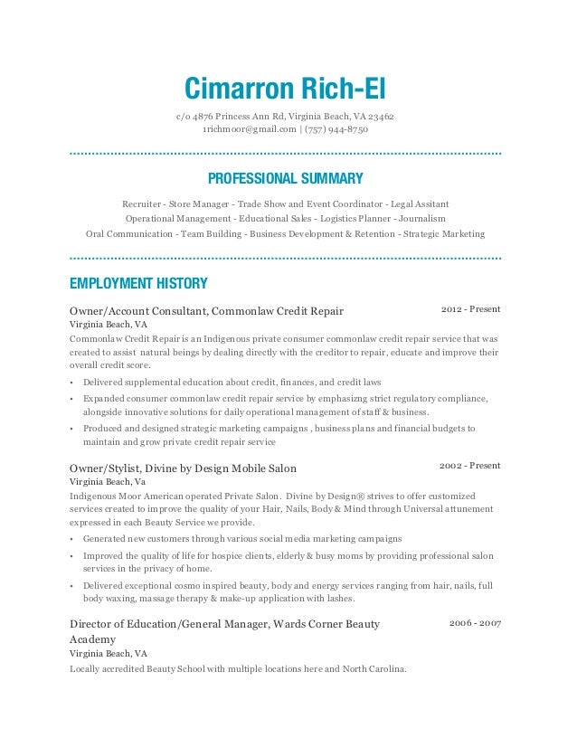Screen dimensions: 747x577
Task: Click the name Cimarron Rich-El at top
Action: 285,89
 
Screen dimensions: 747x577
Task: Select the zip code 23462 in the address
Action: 379,116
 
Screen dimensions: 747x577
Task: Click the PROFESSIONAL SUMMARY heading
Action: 285,178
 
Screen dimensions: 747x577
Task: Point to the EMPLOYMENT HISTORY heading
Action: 138,283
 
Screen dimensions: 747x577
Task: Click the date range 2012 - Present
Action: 470,309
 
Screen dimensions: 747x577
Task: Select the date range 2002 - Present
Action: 469,466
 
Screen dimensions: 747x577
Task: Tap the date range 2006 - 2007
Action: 475,624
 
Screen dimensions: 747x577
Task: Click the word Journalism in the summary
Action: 423,218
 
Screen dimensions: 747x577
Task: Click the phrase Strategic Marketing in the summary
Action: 444,233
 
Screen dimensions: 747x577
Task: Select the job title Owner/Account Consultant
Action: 137,311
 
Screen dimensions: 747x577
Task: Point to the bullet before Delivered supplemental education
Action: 71,383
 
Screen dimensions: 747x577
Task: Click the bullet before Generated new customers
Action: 71,539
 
